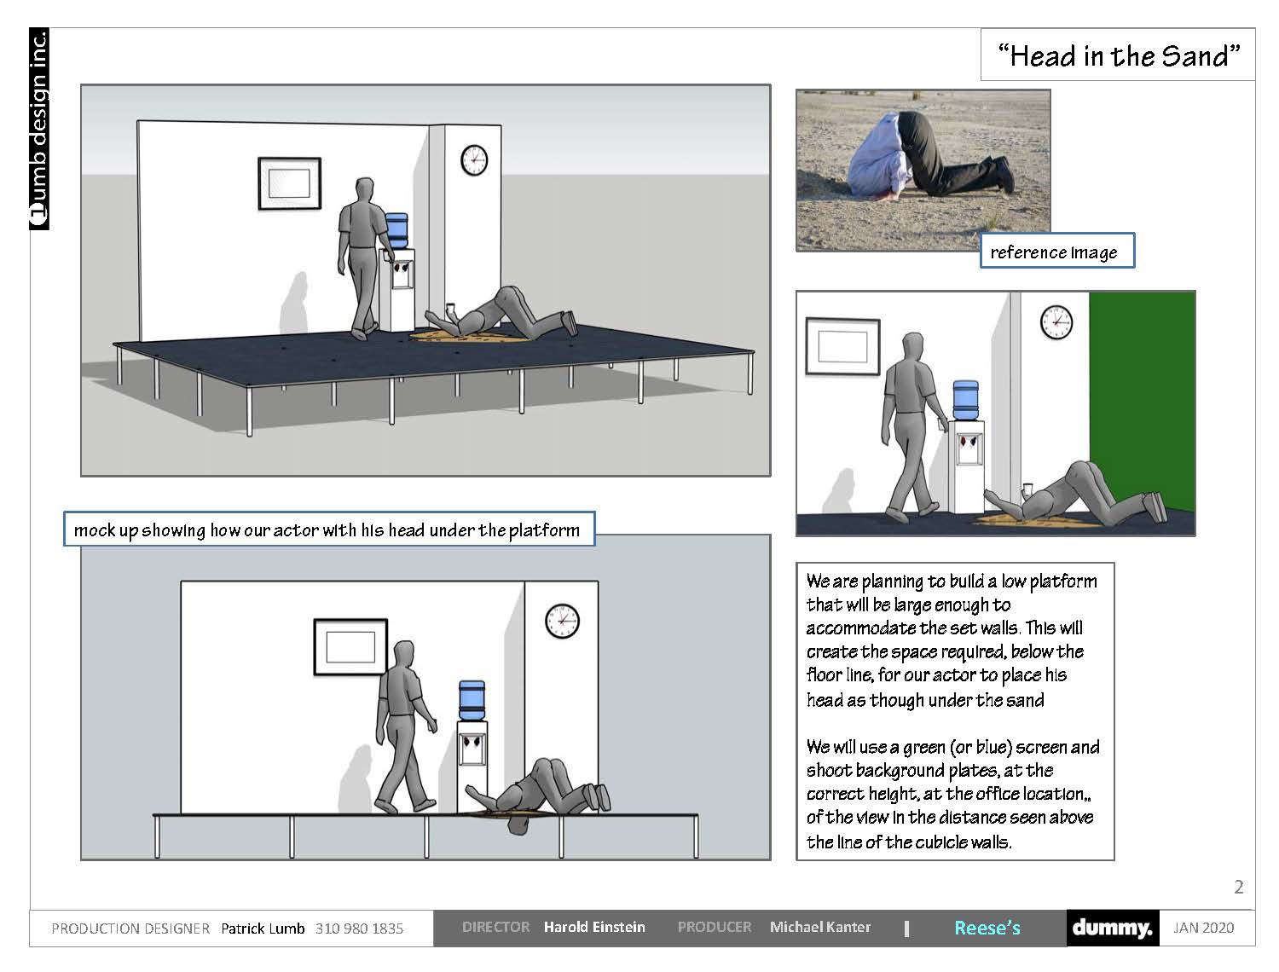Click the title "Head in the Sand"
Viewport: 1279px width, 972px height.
(1118, 56)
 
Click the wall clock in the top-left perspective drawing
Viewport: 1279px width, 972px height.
(474, 159)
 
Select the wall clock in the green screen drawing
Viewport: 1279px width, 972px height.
(1056, 322)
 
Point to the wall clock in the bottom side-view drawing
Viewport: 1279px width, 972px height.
(562, 621)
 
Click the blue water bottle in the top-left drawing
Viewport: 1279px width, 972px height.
(396, 230)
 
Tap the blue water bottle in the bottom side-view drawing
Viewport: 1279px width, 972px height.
(472, 700)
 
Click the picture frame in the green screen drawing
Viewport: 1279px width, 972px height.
(842, 346)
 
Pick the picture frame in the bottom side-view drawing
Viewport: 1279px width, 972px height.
(350, 647)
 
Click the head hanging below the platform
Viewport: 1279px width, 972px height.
(518, 824)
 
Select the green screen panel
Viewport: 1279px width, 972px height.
(1142, 402)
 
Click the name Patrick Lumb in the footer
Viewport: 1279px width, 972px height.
(263, 929)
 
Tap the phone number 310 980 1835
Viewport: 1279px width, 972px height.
(359, 929)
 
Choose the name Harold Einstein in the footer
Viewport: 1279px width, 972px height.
(594, 927)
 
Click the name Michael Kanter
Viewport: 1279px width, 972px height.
(820, 927)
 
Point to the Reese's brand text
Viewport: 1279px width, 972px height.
(987, 928)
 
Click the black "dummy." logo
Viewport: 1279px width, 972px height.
(1113, 928)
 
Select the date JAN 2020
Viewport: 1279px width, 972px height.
(1203, 928)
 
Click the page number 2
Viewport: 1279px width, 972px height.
(1239, 887)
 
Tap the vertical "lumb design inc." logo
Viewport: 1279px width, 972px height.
(39, 129)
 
